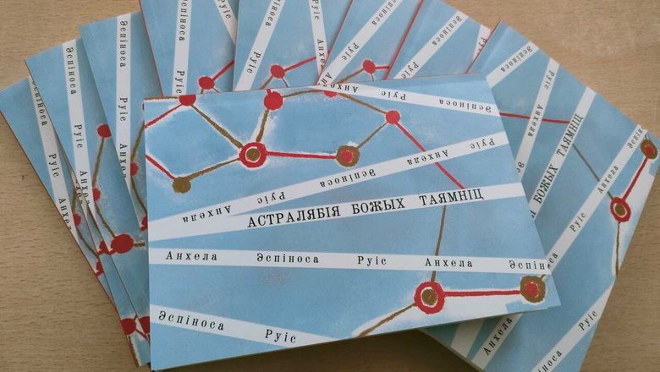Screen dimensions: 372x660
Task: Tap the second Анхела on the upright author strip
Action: (x=448, y=263)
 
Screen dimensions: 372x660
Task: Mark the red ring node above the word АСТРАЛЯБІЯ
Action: (x=252, y=154)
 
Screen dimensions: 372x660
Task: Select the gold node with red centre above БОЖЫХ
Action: (x=347, y=156)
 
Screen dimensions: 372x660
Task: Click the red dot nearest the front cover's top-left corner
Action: (x=187, y=99)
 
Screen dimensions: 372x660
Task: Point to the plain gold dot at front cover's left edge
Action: (x=181, y=184)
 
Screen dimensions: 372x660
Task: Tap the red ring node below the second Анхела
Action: (x=430, y=296)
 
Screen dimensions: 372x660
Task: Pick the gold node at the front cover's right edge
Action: (x=532, y=289)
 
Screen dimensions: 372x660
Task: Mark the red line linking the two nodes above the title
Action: (x=300, y=156)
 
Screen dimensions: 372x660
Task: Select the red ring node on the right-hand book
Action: (x=620, y=209)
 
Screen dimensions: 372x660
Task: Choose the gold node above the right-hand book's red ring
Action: (x=648, y=150)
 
